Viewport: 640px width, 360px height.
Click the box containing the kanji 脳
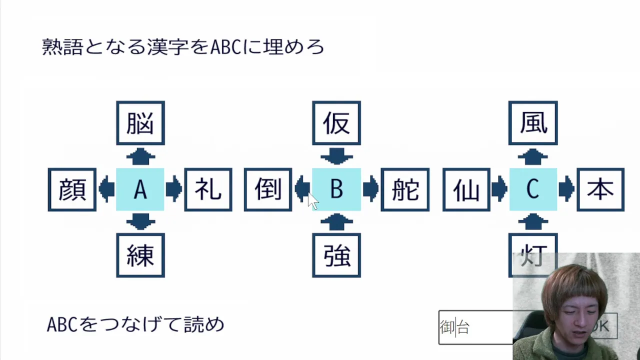[x=140, y=123]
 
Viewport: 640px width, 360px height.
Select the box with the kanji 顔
[x=72, y=189]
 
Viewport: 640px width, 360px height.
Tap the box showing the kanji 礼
[x=208, y=189]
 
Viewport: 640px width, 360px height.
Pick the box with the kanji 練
[x=140, y=255]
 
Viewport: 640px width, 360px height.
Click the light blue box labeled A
[x=140, y=189]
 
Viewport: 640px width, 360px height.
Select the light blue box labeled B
[x=336, y=189]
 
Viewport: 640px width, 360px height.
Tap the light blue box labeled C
[x=533, y=189]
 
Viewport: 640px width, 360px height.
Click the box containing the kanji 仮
[x=336, y=123]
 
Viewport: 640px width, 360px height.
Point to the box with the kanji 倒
[x=268, y=189]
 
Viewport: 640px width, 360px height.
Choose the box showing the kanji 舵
[x=405, y=189]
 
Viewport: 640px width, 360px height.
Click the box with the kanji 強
[x=336, y=255]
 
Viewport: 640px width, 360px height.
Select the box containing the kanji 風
[x=533, y=123]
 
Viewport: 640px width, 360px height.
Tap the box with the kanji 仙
[x=466, y=189]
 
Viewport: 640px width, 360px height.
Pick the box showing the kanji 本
[x=600, y=189]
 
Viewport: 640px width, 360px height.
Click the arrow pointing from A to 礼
[x=174, y=189]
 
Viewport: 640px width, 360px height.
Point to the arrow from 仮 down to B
[x=336, y=156]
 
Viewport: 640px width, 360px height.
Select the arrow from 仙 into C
[x=499, y=189]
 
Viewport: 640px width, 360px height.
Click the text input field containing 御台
[x=475, y=327]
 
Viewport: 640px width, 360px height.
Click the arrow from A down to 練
[x=140, y=221]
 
